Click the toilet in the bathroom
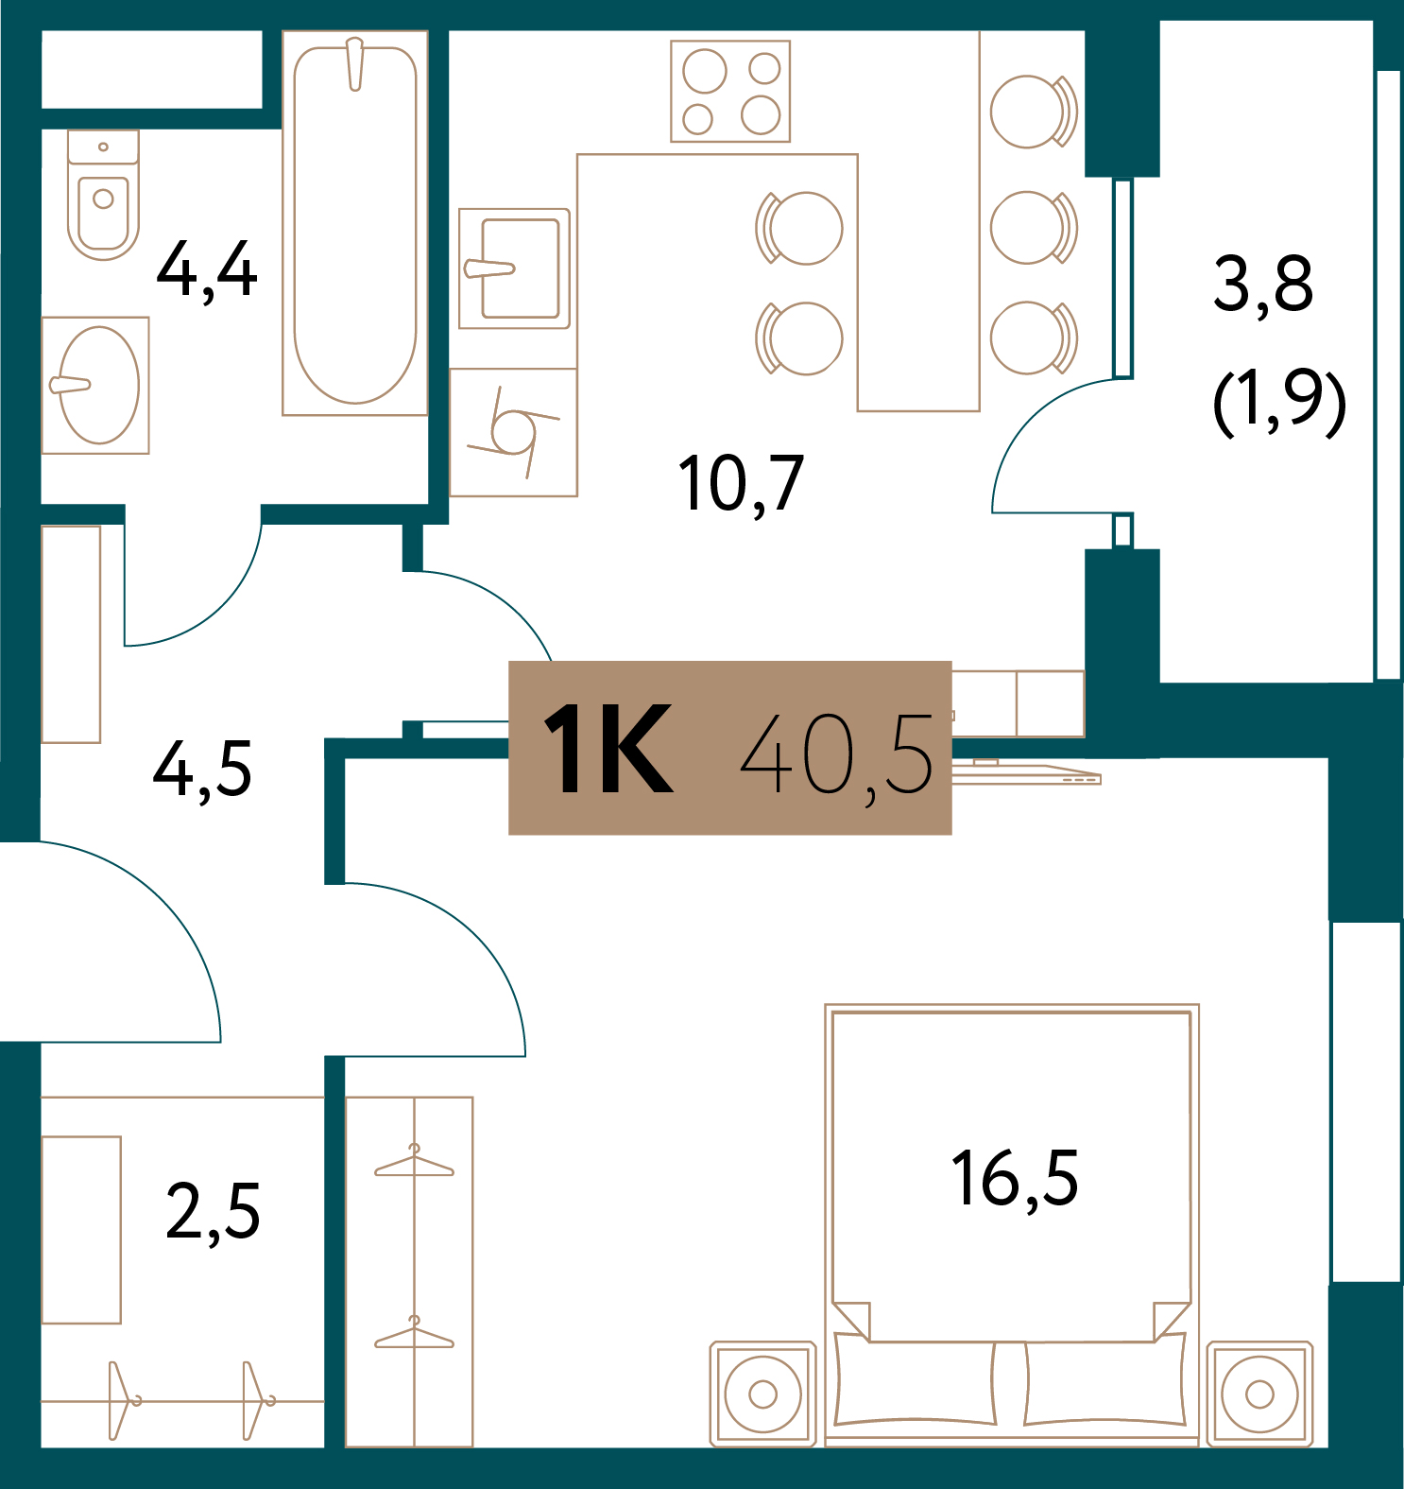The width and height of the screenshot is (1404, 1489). coord(103,197)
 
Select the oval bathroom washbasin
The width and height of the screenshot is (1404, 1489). coord(98,386)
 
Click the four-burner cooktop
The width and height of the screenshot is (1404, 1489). coord(730,92)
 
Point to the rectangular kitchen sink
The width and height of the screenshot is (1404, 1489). coord(515,268)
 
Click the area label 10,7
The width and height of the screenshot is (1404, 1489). coord(741,484)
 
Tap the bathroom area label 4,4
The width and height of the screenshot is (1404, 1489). coord(207,270)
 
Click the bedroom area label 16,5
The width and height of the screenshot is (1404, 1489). coord(1014,1179)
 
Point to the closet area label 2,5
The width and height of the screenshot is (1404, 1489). coord(213,1212)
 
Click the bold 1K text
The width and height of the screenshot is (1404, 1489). coord(608,750)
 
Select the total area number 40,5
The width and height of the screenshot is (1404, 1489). coord(837,753)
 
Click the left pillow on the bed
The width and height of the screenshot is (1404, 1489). coord(915,1383)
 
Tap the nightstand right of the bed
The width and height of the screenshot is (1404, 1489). coord(1259,1393)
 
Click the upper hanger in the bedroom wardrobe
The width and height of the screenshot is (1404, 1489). coord(414,1164)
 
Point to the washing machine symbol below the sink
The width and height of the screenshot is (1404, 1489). coord(513,433)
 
